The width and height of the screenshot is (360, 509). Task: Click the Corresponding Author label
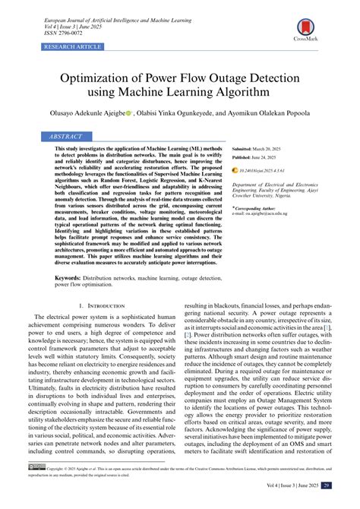[259, 207]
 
